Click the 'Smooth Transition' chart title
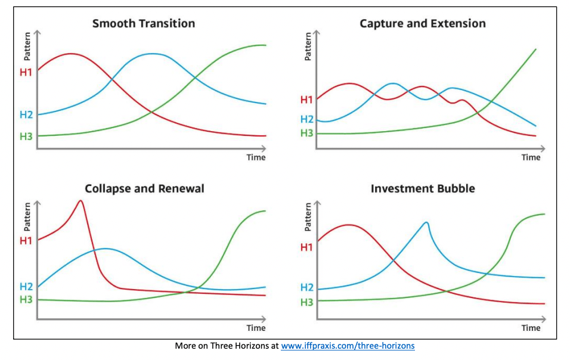(143, 24)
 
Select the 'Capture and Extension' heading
(422, 24)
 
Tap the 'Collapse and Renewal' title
(144, 189)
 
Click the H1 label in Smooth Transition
(26, 73)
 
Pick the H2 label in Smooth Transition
(26, 114)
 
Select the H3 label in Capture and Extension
(306, 133)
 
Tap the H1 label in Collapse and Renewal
(26, 241)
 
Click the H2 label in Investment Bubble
(306, 287)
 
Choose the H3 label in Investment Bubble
(306, 302)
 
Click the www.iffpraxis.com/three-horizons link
(348, 346)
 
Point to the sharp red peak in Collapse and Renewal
(80, 201)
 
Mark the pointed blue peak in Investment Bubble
(426, 222)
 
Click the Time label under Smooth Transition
(256, 157)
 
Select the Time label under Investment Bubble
(531, 328)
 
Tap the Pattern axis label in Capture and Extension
(308, 45)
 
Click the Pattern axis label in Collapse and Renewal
(27, 216)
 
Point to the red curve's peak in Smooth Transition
(72, 54)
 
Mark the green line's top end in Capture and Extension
(536, 49)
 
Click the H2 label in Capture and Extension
(306, 119)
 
